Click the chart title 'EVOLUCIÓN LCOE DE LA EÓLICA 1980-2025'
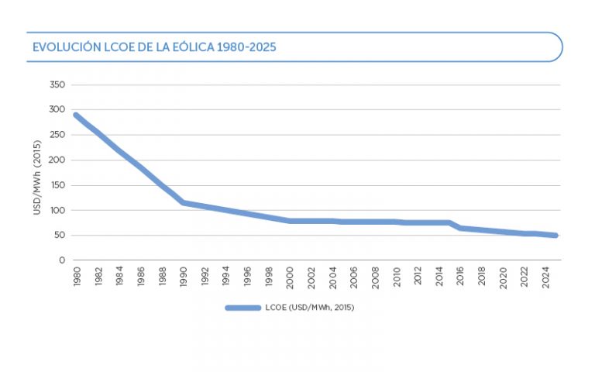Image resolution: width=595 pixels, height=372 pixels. (x=154, y=47)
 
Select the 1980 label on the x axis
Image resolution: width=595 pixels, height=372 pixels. (x=76, y=277)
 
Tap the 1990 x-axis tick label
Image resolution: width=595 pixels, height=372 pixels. (x=183, y=277)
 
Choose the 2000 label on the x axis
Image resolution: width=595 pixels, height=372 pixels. (x=290, y=277)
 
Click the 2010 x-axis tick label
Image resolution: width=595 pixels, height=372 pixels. (x=396, y=277)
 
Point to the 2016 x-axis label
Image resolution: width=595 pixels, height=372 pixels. (x=460, y=277)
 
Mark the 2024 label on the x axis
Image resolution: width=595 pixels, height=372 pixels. (x=545, y=277)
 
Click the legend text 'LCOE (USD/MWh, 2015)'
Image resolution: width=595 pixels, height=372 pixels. (x=310, y=308)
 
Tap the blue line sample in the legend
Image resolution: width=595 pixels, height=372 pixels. (x=242, y=308)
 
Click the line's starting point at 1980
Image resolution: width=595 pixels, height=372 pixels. (x=76, y=115)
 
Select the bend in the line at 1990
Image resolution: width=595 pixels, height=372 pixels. (x=183, y=202)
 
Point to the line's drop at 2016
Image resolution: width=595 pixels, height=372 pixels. (x=460, y=228)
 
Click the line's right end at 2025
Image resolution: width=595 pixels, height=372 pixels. (x=555, y=236)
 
